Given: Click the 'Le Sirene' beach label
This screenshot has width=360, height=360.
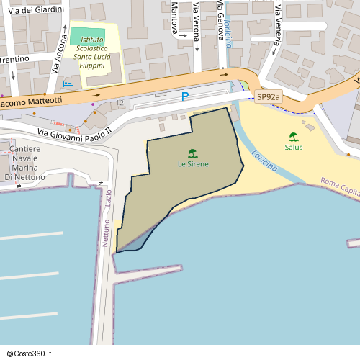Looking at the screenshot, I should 193,164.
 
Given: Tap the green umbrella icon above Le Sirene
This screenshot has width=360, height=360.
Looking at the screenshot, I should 193,153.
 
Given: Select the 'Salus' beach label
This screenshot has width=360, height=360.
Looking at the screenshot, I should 293,147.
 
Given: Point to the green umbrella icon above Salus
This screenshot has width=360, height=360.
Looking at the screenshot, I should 293,136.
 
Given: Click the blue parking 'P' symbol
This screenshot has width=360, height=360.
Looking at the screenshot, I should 185,96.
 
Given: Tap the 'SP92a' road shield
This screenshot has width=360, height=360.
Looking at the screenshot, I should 269,96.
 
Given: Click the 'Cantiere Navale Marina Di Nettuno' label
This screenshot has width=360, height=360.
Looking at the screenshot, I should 24,162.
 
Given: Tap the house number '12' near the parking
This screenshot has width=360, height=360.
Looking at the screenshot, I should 120,104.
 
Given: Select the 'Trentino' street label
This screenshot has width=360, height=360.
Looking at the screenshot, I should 14,59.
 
